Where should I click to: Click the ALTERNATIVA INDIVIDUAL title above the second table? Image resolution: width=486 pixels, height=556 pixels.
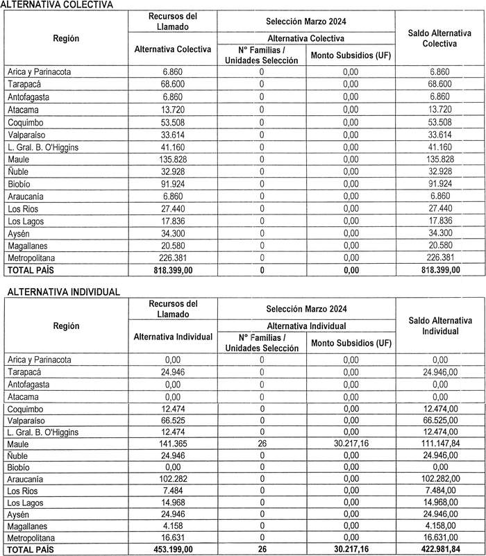(63, 292)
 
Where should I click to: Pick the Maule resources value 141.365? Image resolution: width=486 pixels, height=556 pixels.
(172, 444)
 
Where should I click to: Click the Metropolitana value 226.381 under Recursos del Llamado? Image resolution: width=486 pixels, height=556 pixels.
(172, 258)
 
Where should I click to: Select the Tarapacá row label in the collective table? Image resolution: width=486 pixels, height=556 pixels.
(27, 84)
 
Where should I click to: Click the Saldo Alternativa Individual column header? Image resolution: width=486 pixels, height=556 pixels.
(439, 325)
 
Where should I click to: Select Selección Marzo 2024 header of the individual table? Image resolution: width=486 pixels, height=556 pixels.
(305, 307)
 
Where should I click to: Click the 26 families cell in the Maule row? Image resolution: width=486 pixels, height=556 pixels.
(262, 444)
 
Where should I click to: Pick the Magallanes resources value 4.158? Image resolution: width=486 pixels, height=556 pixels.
(172, 527)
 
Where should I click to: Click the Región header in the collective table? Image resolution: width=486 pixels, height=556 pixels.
(66, 39)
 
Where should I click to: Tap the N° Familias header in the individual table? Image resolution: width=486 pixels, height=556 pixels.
(262, 342)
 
